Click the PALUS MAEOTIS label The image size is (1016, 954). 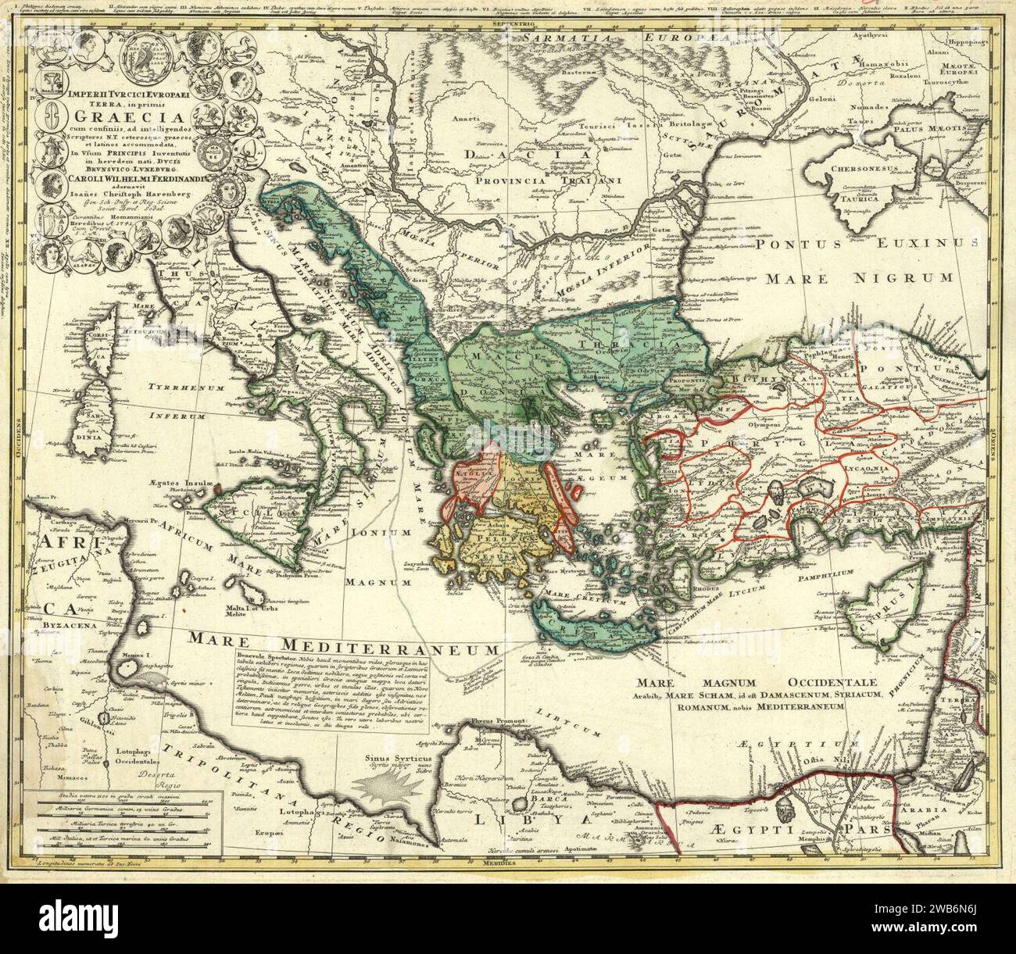[x=947, y=127]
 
